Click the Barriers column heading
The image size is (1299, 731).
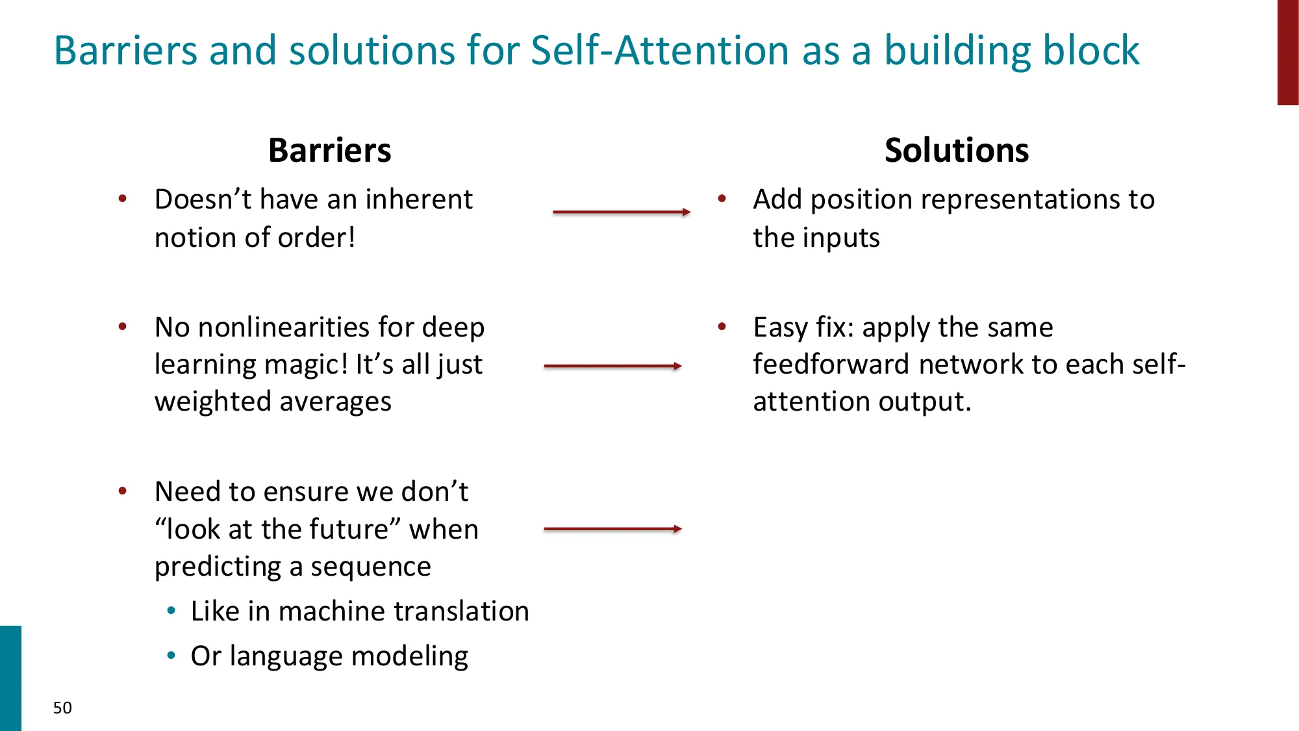[329, 151]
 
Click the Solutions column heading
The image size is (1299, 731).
[956, 151]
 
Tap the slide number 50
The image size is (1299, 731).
[62, 708]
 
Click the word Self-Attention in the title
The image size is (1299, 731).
[659, 51]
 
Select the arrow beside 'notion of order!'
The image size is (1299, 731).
[621, 212]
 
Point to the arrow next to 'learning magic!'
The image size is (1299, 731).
[612, 366]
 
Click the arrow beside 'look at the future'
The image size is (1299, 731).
[612, 529]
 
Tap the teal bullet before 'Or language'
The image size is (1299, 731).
[171, 656]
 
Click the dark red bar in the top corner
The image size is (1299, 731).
[1287, 52]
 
